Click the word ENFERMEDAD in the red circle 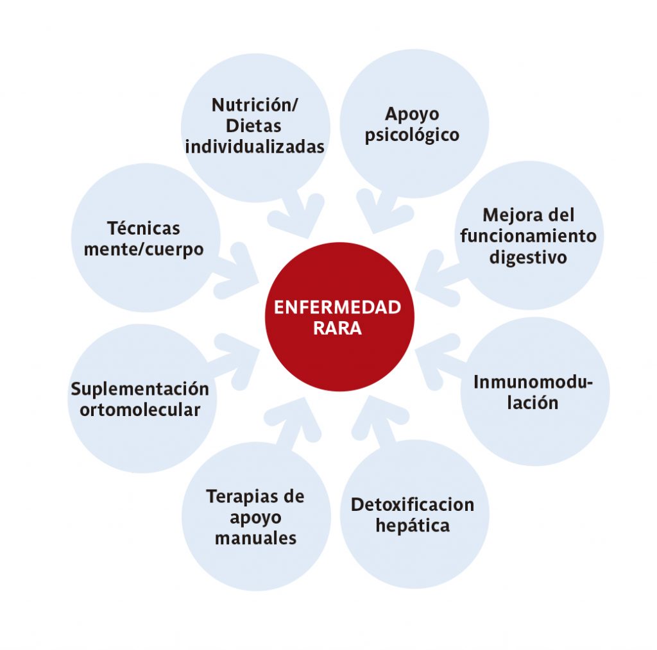[337, 308]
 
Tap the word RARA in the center [337, 329]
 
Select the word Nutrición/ [255, 106]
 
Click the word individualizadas [255, 147]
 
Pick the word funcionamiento [529, 236]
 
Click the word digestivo [528, 258]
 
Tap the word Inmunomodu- [533, 382]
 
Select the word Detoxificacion [413, 504]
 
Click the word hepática [413, 526]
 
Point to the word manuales [255, 538]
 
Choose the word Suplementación [140, 390]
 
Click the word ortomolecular [140, 410]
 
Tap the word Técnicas [144, 228]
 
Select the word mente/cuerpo [144, 250]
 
